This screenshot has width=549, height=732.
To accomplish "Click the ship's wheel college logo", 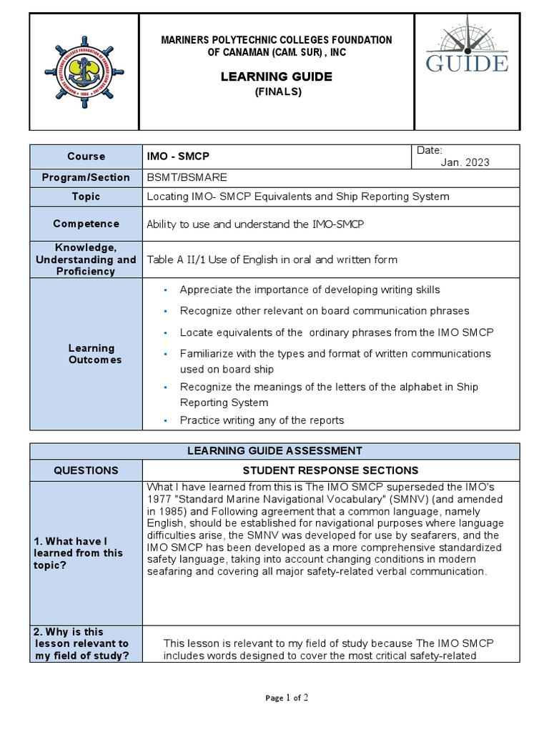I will [84, 72].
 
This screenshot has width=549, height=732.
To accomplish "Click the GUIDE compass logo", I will [467, 50].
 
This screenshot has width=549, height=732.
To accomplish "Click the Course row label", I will [86, 156].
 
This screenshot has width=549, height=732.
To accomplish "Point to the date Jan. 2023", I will [465, 162].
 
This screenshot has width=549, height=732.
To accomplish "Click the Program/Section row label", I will [86, 177].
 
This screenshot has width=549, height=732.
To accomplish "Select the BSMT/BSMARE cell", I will [187, 177].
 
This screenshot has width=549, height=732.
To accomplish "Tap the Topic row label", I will [86, 197].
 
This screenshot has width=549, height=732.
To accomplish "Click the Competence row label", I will [86, 224].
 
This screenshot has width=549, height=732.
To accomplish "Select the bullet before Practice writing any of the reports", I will [165, 420].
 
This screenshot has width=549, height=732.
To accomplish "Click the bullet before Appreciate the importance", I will [165, 290].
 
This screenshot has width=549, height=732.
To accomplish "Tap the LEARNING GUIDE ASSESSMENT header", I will [274, 451].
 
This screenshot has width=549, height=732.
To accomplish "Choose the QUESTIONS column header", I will [86, 470].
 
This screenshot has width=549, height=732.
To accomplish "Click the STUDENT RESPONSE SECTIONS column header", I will [330, 470].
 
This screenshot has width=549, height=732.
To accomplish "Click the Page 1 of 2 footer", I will [286, 698].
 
